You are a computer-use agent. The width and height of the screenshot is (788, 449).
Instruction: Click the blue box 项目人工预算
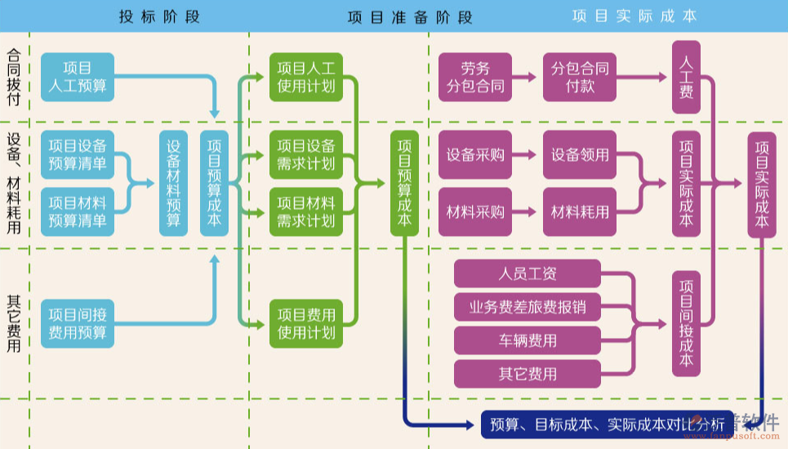[77, 76]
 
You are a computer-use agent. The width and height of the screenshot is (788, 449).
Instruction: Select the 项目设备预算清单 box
[77, 154]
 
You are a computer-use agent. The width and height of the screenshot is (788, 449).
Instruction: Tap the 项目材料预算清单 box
[77, 211]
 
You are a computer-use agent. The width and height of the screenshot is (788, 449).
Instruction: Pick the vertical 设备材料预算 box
[173, 183]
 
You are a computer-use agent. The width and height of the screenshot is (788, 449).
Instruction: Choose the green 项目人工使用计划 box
[305, 76]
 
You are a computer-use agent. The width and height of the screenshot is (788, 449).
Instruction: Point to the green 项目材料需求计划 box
[305, 211]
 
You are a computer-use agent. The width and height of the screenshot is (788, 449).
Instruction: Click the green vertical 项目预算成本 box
[404, 183]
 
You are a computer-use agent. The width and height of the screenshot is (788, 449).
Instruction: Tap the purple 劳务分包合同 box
[474, 76]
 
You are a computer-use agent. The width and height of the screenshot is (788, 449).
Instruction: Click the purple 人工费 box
[686, 76]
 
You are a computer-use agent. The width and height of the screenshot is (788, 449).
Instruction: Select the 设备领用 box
[580, 154]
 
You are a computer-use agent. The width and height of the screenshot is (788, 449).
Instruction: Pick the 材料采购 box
[474, 211]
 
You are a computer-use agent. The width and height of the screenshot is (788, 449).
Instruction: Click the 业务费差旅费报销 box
[528, 308]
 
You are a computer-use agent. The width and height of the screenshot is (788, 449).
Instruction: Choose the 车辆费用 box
[528, 340]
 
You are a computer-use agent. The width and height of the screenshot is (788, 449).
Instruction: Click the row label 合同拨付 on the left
[14, 76]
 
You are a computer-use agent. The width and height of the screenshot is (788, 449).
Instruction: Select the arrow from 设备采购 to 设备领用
[527, 154]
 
